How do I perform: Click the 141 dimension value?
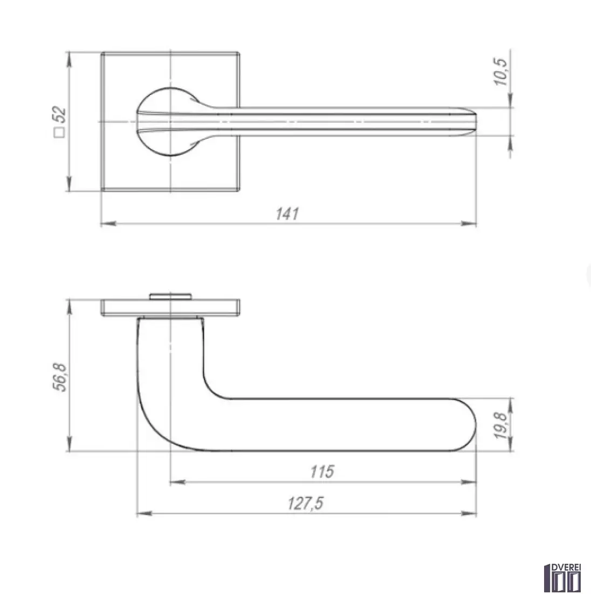[x=287, y=214]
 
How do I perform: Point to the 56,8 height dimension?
[x=59, y=377]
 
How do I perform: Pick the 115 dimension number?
[x=322, y=471]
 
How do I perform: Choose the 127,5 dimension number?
[x=306, y=503]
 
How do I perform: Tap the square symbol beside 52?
[x=59, y=133]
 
